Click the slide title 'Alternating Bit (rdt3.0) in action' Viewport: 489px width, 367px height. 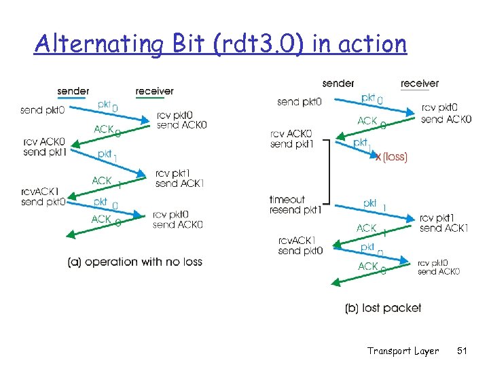pos(221,44)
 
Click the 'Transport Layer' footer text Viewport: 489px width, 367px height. pos(403,351)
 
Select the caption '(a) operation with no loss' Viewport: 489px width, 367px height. pos(134,262)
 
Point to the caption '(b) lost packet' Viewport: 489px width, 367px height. pos(383,308)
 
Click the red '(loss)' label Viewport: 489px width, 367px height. pos(395,157)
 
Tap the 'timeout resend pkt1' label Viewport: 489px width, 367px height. pos(294,205)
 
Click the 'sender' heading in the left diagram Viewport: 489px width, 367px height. pos(73,91)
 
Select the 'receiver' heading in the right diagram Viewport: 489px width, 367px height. pos(419,84)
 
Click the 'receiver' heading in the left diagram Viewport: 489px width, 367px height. pos(154,91)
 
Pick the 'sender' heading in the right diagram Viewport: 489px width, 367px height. pos(338,84)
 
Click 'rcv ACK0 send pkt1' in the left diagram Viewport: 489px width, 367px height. pos(43,147)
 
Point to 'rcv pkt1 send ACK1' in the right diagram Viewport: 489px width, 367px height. pos(443,223)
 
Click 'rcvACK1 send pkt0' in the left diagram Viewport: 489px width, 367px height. pos(43,197)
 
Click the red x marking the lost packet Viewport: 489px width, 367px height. pos(378,157)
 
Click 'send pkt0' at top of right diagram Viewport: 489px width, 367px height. pos(300,102)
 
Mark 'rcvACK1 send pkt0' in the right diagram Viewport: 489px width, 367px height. pos(300,246)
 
